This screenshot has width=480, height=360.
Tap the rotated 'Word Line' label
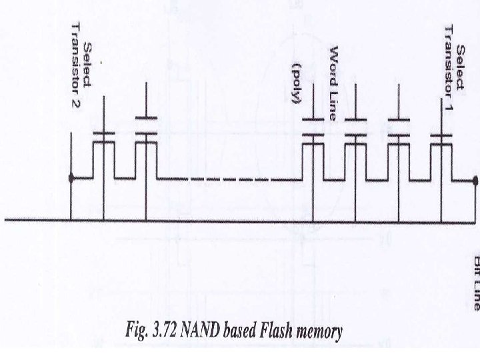334,83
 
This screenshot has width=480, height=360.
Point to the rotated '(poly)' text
297,85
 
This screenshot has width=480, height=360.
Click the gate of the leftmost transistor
103,133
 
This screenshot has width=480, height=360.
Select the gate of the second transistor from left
146,133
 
